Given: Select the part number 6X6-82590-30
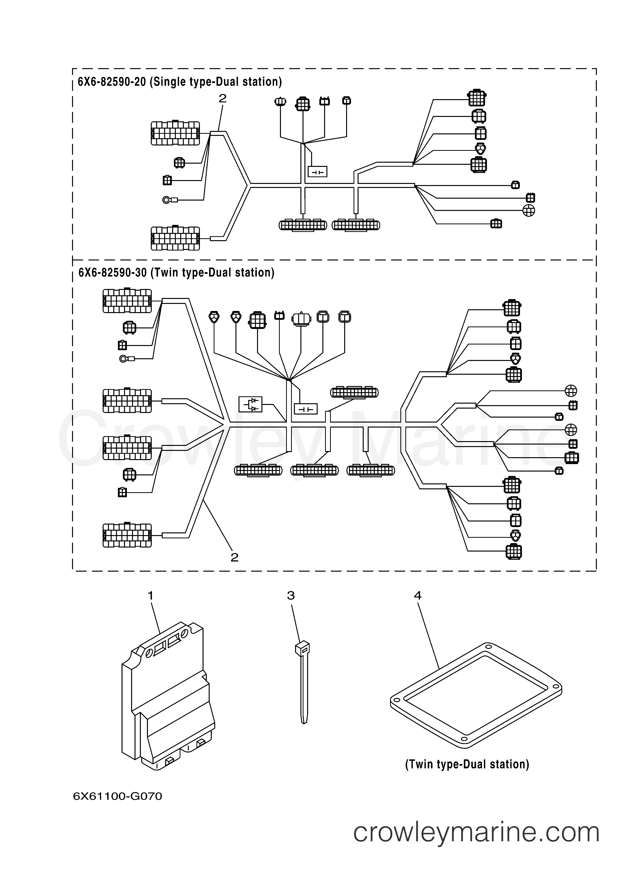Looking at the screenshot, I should (112, 273).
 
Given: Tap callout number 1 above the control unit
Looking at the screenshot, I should (150, 596).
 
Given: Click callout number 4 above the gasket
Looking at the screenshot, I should (418, 596).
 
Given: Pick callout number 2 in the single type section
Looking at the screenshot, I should (222, 99).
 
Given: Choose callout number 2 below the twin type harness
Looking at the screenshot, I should (234, 557).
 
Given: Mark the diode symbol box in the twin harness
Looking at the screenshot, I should (250, 404).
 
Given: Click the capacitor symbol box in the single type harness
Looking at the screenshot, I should (318, 171).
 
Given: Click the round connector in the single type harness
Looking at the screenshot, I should (529, 210).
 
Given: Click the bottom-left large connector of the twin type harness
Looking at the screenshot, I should (127, 535).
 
